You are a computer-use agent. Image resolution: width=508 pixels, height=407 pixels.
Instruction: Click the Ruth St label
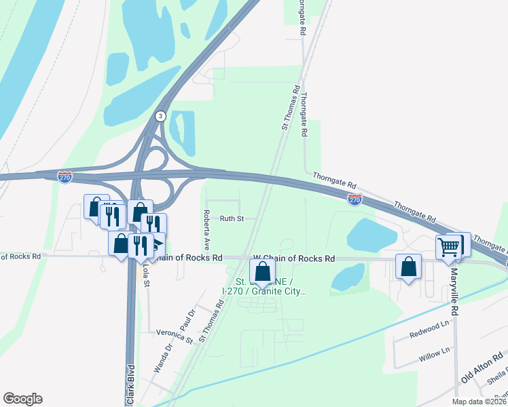tap(232, 218)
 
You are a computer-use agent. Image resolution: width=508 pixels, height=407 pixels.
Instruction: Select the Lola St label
tap(145, 277)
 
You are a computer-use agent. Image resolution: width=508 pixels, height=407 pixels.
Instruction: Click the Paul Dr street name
tap(187, 319)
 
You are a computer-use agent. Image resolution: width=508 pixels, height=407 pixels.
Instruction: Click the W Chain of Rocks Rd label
tap(294, 258)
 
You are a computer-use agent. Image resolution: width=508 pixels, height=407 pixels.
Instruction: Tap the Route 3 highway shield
tap(160, 116)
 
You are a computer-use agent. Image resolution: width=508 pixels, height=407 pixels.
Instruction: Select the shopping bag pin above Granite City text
tap(262, 271)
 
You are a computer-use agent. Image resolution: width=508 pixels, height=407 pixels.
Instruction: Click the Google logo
tap(22, 399)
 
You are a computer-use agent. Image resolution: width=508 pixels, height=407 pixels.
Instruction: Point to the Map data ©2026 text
tap(479, 402)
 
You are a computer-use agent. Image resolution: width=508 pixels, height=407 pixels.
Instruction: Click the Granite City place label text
tap(266, 292)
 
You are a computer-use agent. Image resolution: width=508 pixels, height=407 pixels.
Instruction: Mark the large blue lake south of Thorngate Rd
tap(371, 235)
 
